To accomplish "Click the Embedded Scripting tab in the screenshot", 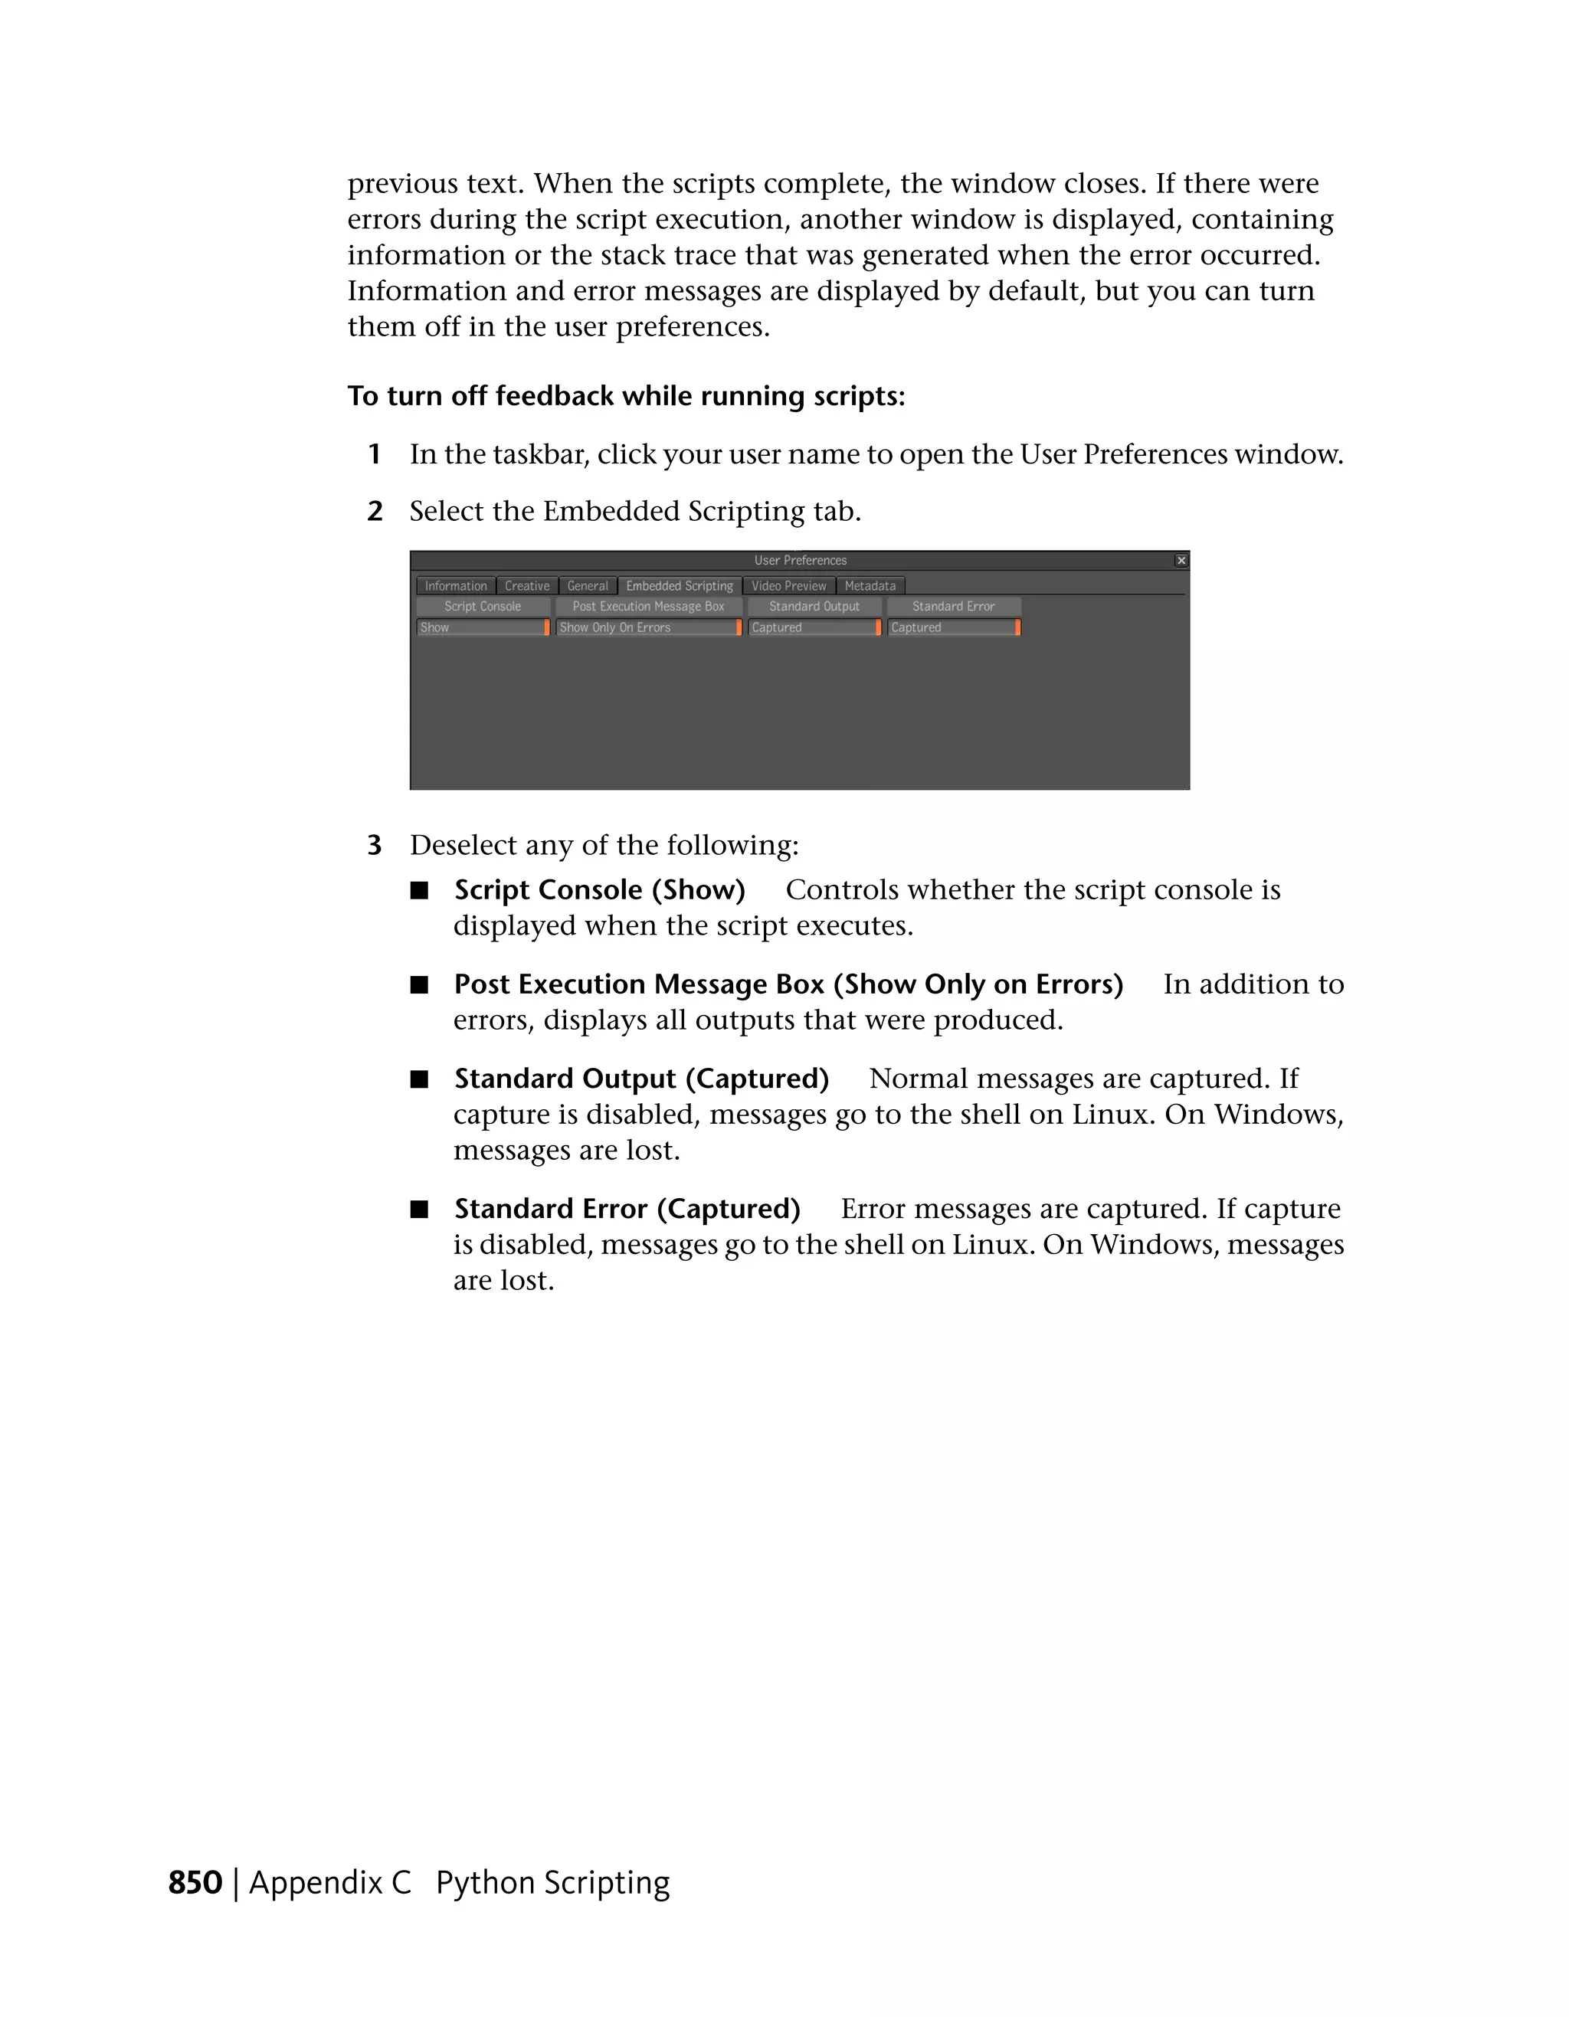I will point(679,585).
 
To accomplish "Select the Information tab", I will point(455,585).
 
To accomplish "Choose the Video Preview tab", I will point(788,585).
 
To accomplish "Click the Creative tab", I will point(526,585).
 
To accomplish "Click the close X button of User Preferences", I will point(1181,561).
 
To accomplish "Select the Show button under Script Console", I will point(482,627).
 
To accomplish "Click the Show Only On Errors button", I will point(647,627).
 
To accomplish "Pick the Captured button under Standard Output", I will point(814,627).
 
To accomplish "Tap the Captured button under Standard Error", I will point(953,627).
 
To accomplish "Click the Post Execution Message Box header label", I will point(647,607).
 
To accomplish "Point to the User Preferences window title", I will point(800,561).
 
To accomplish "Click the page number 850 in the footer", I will point(195,1883).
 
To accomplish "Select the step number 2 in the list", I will point(375,511).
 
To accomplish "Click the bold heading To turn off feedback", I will point(625,396).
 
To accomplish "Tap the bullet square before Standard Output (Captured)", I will point(420,1079).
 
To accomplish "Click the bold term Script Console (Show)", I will point(599,889).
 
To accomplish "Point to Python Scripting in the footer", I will point(552,1883).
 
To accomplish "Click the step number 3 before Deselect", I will point(374,845).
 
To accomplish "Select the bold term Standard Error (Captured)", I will point(627,1209).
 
